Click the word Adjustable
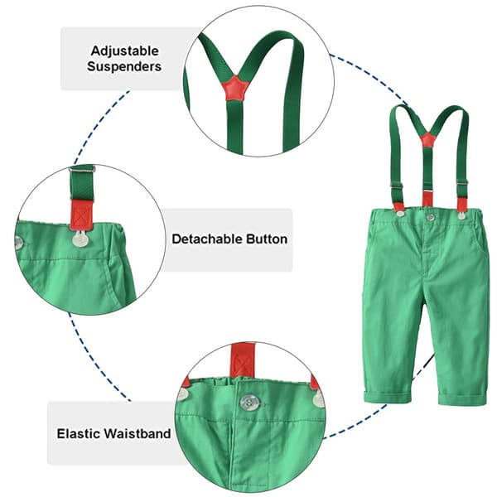click(x=124, y=51)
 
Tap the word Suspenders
click(x=124, y=66)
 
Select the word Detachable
click(x=208, y=239)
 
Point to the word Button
click(x=267, y=239)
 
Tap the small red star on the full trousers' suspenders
click(x=427, y=139)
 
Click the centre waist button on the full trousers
click(x=430, y=217)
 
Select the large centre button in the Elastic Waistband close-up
click(x=250, y=403)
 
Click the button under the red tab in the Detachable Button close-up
click(x=80, y=239)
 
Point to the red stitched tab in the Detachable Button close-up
click(x=81, y=215)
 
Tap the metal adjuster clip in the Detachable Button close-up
click(x=82, y=170)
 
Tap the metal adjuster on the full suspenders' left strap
click(x=397, y=186)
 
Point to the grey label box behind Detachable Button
click(x=227, y=240)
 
